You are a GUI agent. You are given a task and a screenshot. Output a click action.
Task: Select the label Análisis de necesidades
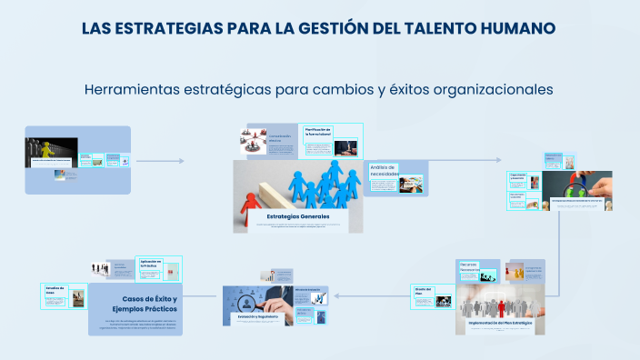pyautogui.click(x=385, y=170)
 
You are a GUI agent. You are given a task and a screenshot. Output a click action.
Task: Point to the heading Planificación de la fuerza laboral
pyautogui.click(x=318, y=132)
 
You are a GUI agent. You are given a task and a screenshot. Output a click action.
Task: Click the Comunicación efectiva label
pyautogui.click(x=280, y=138)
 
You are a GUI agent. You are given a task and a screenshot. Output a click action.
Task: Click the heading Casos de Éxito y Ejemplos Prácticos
pyautogui.click(x=149, y=304)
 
